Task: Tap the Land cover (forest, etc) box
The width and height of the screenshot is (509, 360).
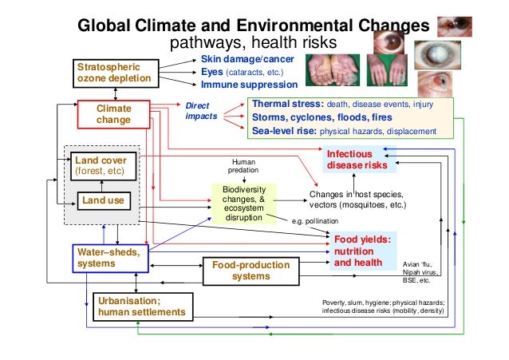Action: (100, 165)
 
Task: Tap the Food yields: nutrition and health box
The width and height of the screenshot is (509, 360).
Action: (363, 251)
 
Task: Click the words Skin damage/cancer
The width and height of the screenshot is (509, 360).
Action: (247, 60)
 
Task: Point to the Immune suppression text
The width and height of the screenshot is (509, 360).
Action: (248, 85)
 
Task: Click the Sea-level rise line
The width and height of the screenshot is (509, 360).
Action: (343, 131)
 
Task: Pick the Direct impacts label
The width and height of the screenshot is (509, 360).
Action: (200, 110)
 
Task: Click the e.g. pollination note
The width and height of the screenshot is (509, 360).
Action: (314, 220)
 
